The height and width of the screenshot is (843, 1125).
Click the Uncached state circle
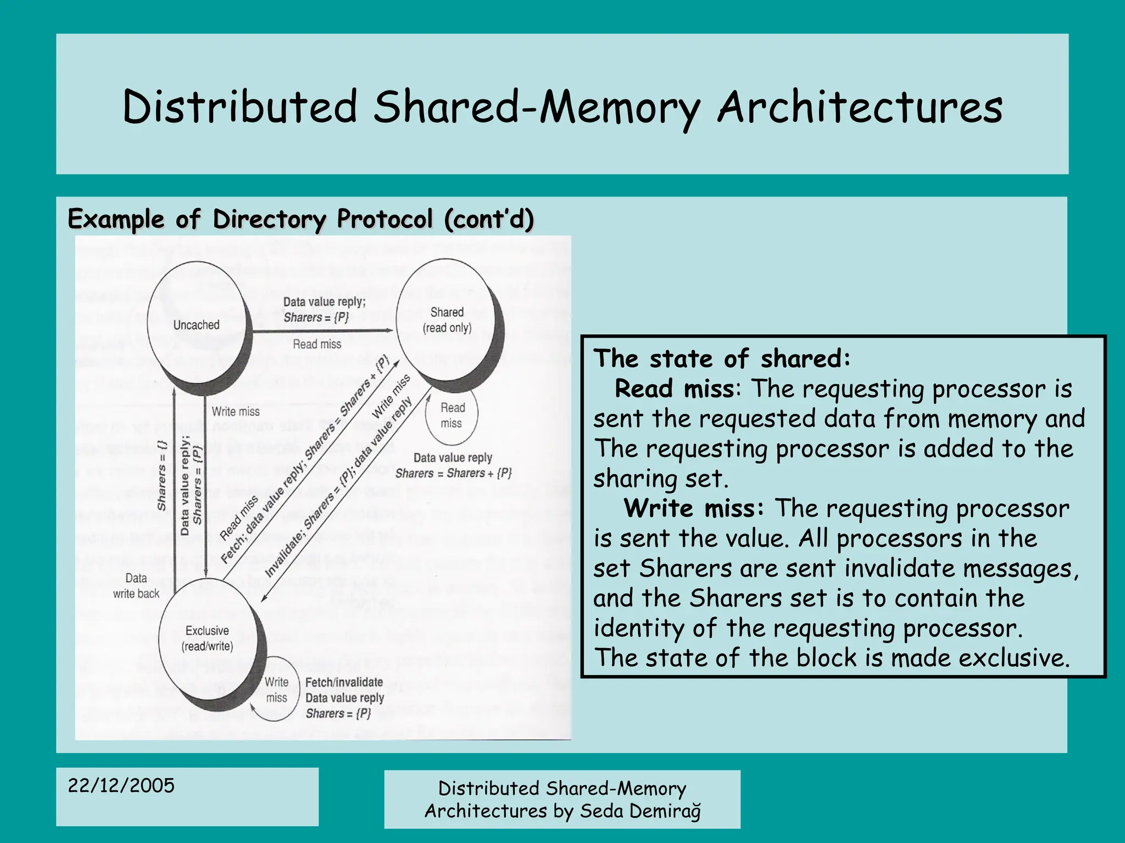pyautogui.click(x=196, y=325)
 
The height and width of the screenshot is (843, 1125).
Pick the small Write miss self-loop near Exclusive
pyautogui.click(x=276, y=690)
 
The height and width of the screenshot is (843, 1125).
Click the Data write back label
pyautogui.click(x=136, y=586)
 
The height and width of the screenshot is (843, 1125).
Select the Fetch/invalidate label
pyautogui.click(x=344, y=682)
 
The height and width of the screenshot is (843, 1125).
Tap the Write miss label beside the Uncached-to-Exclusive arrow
pyautogui.click(x=236, y=411)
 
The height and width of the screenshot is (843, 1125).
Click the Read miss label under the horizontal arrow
pyautogui.click(x=317, y=344)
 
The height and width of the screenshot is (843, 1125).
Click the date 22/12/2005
pyautogui.click(x=121, y=785)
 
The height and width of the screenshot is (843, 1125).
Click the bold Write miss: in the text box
pyautogui.click(x=693, y=508)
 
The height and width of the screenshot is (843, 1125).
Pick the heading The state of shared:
pyautogui.click(x=722, y=359)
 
